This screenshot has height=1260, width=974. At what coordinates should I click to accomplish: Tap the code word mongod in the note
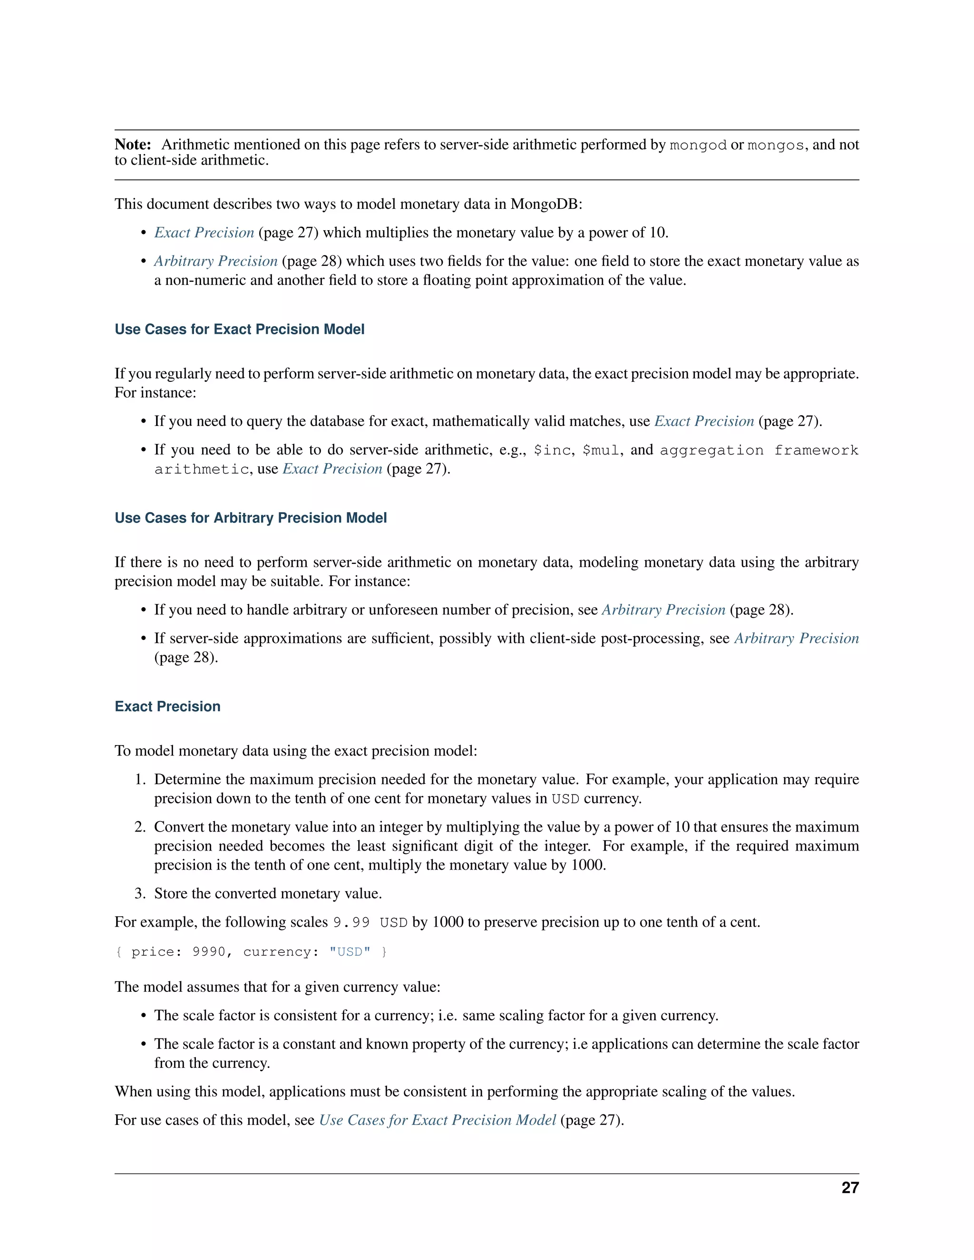coord(698,145)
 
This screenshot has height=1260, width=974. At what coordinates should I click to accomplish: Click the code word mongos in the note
coord(776,145)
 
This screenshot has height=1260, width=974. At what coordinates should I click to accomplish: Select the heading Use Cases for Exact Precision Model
coord(240,330)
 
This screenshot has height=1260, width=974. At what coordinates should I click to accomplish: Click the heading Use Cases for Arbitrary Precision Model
coord(251,518)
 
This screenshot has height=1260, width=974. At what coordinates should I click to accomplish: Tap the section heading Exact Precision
coord(167,707)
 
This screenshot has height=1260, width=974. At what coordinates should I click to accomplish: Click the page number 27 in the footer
coord(850,1187)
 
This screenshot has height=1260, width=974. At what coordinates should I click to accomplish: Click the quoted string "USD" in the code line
coord(350,952)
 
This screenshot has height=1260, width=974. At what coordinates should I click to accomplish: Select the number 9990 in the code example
coord(208,952)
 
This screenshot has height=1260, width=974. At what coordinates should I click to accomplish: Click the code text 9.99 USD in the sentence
coord(370,922)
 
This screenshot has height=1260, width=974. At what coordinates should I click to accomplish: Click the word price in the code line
coord(152,952)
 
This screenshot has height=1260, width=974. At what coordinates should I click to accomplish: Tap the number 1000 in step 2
coord(587,865)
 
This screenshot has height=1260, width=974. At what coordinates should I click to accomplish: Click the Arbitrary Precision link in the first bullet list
coord(216,262)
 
